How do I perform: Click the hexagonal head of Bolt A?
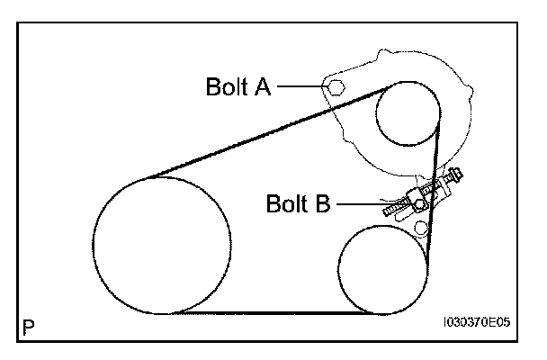pos(334,87)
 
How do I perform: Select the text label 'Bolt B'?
pos(298,204)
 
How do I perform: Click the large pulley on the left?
pos(161,245)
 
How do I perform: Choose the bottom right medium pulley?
pos(382,270)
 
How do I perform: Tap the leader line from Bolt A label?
pos(301,87)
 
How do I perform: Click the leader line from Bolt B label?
pos(369,204)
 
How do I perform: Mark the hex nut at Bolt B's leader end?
pos(419,204)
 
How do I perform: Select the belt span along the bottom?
pos(270,313)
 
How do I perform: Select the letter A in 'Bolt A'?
pos(264,87)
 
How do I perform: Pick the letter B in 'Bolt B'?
pos(322,204)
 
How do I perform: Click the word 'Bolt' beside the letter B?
pos(287,204)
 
